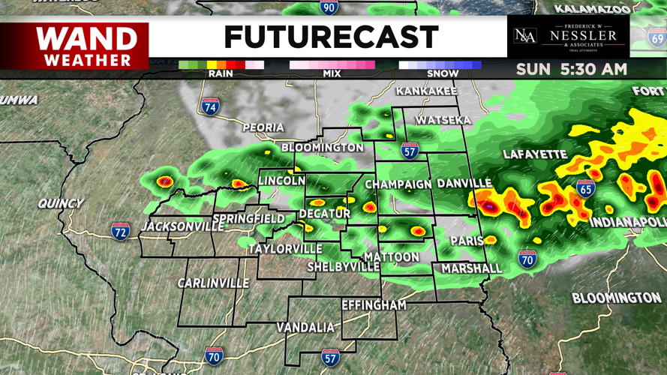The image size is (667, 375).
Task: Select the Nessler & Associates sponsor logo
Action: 568,37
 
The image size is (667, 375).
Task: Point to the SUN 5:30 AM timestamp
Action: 571,70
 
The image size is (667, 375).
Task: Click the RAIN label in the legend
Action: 221,73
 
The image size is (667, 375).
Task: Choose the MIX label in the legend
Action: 332,73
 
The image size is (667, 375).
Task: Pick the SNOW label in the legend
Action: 443,73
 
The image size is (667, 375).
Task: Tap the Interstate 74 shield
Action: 211,107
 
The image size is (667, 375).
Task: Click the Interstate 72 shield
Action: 121,231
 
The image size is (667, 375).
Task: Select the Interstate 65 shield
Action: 586,188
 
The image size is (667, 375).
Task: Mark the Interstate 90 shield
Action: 329,7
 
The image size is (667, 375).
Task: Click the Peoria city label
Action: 263,128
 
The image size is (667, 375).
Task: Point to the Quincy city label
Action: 61,203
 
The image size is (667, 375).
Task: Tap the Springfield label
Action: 248,220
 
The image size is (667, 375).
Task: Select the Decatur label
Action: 325,214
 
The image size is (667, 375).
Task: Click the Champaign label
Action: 398,184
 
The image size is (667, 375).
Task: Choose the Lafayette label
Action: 535,154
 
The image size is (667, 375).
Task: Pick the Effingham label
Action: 374,305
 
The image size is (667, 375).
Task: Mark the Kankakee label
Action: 426,91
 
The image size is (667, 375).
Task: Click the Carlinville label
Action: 213,283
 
